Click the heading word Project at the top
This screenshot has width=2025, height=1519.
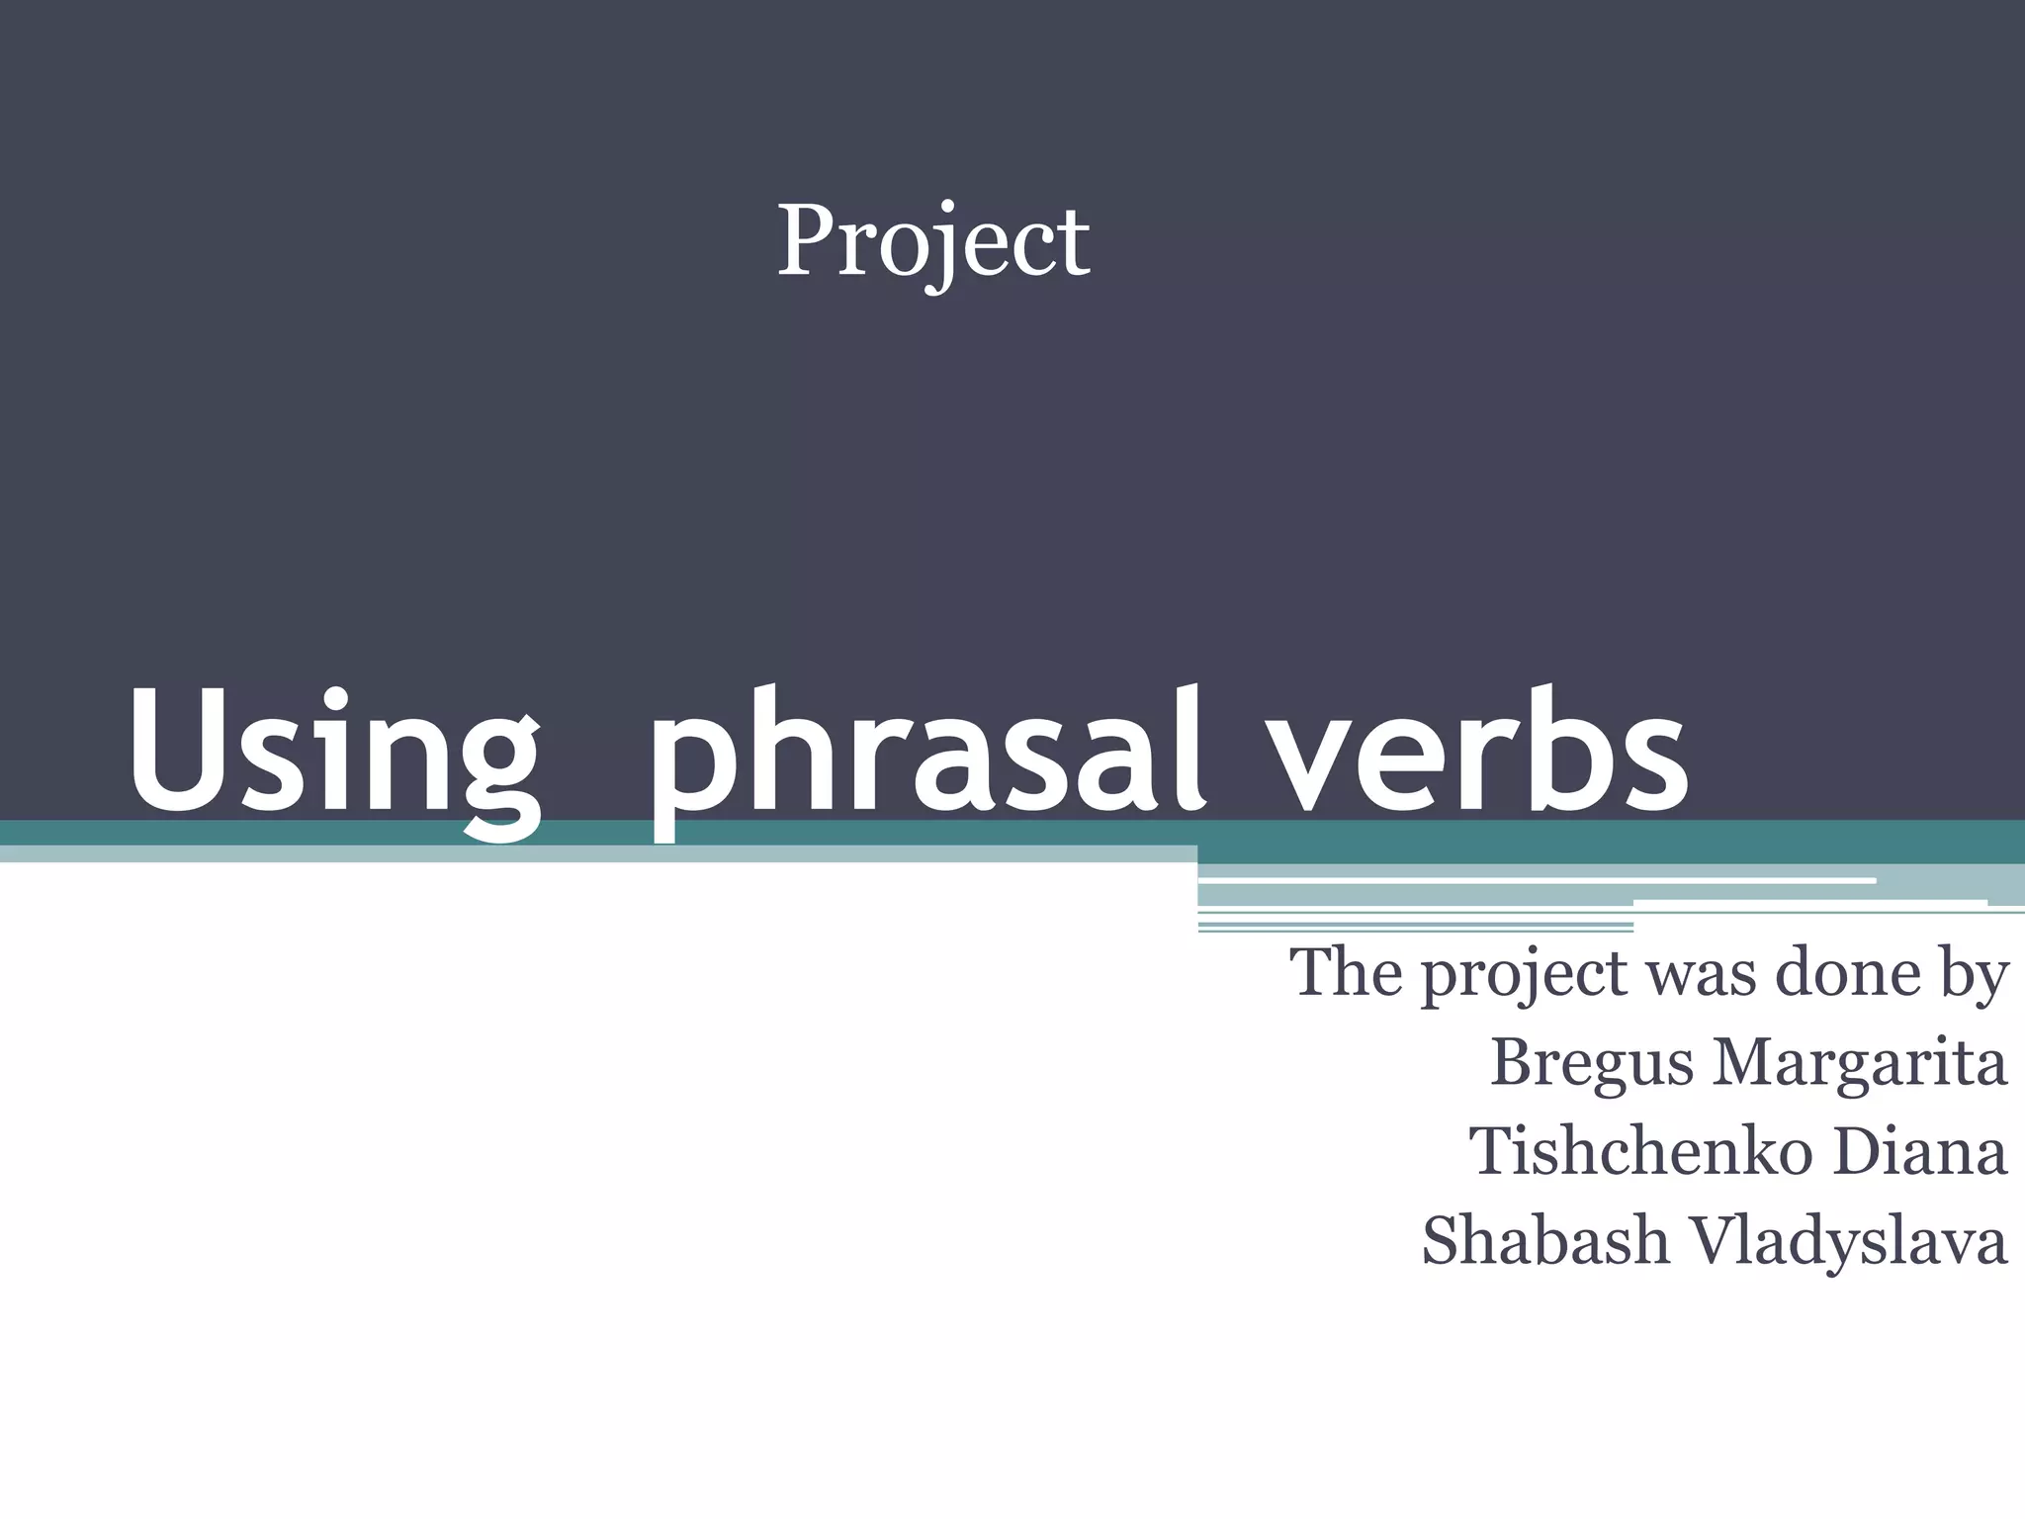(932, 241)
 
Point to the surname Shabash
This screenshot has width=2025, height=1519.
(1545, 1241)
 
